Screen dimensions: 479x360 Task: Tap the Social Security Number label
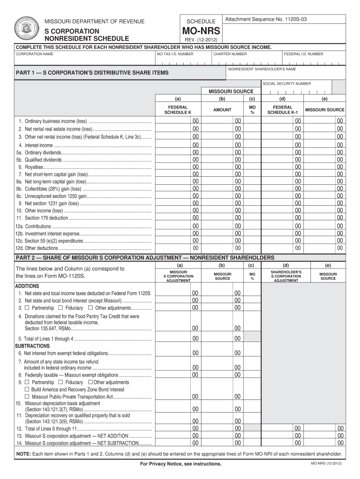coord(287,84)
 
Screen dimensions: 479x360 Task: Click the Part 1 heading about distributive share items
coord(92,73)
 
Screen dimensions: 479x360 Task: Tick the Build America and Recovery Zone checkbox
coord(27,389)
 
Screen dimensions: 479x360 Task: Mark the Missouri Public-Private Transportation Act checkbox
coord(27,396)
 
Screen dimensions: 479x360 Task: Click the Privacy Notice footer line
coord(180,464)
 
